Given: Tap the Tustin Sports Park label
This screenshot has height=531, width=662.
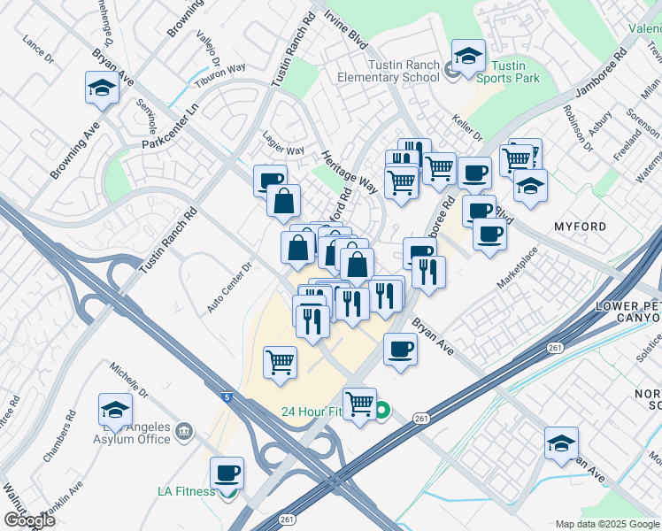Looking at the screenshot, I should [x=508, y=72].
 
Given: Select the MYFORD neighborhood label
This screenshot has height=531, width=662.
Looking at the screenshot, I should [x=580, y=227].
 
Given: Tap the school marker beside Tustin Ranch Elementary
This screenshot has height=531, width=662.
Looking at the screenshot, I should [x=468, y=56].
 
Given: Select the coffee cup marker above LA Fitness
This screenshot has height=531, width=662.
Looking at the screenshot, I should [x=227, y=473].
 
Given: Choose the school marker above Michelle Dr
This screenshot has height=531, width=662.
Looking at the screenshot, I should [x=116, y=410].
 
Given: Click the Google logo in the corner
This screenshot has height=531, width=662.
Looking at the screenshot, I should [x=29, y=519].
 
